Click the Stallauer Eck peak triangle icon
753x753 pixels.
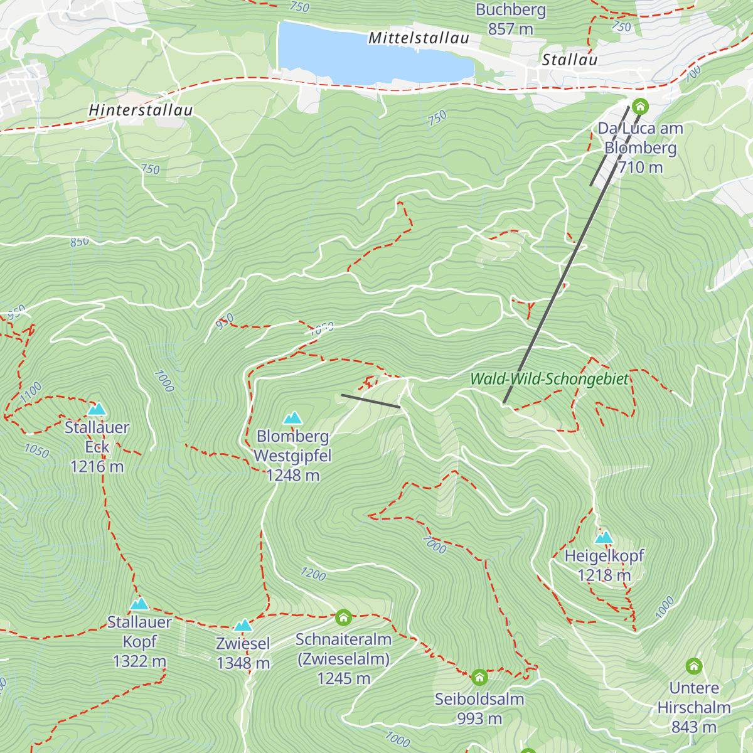tap(96, 410)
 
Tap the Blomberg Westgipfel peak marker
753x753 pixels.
tap(292, 419)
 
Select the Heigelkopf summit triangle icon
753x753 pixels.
tap(604, 538)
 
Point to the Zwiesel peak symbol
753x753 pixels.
tap(243, 626)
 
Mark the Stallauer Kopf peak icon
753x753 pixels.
tap(139, 604)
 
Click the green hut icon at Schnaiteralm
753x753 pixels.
tap(343, 617)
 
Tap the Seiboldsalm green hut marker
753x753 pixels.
tap(479, 677)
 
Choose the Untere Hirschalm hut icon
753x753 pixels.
tap(694, 666)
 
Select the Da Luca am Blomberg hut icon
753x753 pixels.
tap(640, 106)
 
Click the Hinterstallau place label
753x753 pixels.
tap(141, 110)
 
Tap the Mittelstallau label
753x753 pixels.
tap(419, 38)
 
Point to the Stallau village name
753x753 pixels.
tap(569, 60)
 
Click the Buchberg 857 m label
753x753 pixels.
tap(511, 19)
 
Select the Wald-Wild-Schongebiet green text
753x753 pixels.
tap(549, 379)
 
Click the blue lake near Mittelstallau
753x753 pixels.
tap(370, 53)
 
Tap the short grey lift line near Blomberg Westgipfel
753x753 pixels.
tap(371, 401)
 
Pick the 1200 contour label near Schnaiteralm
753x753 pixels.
tap(313, 574)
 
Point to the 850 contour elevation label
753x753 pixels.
tap(80, 242)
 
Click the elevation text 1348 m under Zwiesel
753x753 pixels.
tap(243, 663)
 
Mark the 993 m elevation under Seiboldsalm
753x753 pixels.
tap(479, 719)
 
